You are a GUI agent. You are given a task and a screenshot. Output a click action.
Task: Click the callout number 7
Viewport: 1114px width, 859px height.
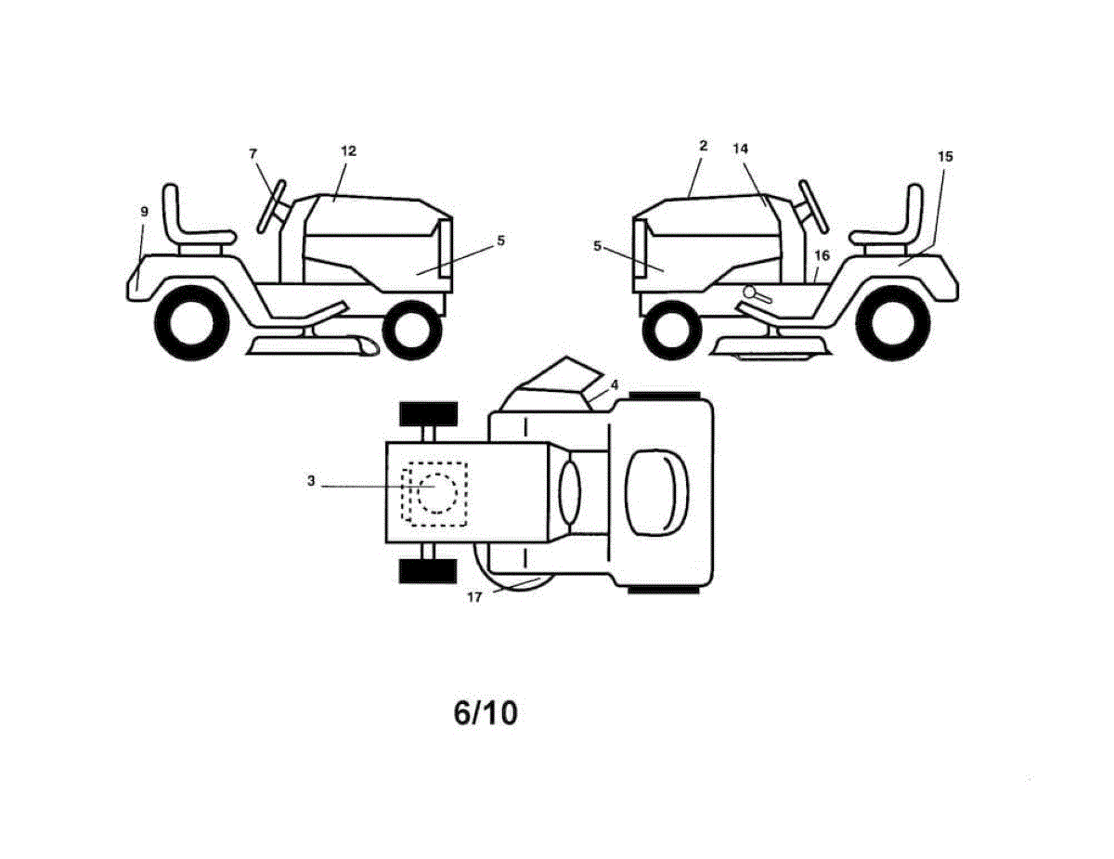point(253,154)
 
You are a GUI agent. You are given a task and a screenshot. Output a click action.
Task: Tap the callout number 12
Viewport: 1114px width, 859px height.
point(348,151)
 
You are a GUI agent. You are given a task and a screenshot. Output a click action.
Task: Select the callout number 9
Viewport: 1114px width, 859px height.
point(144,212)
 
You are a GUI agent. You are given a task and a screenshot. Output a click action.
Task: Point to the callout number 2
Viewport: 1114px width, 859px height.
point(704,146)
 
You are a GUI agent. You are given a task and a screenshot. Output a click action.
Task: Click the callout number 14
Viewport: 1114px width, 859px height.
point(740,149)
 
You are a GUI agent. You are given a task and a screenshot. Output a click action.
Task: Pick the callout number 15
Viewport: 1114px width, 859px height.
point(945,156)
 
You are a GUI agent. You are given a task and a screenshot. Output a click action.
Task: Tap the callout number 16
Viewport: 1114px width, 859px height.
point(822,255)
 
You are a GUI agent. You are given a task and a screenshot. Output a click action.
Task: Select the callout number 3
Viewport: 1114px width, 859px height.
point(311,481)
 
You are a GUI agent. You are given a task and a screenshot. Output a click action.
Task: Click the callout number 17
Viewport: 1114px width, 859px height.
point(474,597)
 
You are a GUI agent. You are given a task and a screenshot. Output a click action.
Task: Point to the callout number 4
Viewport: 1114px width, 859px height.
point(615,384)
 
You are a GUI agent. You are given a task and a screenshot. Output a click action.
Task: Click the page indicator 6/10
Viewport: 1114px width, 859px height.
point(486,713)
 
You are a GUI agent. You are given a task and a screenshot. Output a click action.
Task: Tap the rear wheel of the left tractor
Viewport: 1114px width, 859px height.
point(192,323)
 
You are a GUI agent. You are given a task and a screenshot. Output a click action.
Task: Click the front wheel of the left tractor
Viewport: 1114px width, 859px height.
point(412,331)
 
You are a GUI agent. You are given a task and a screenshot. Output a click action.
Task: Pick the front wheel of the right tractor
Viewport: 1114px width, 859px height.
point(671,331)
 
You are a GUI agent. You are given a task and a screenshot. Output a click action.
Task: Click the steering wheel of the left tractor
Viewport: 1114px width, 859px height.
point(271,207)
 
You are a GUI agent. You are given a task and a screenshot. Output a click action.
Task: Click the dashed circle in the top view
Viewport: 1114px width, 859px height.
point(437,493)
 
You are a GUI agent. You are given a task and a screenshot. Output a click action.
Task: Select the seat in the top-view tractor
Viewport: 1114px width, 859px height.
point(656,493)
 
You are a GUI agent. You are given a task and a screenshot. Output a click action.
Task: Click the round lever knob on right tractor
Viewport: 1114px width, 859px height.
point(750,293)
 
